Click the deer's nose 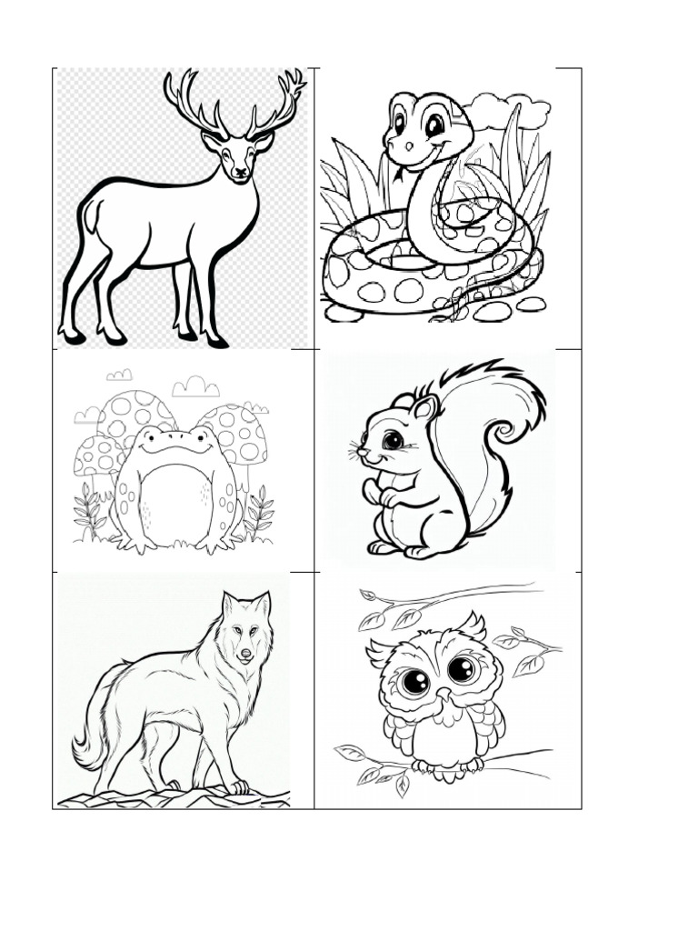click(x=240, y=171)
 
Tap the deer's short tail click(x=89, y=216)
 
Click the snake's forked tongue click(x=396, y=172)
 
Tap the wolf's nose click(x=244, y=653)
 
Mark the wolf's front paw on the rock click(x=237, y=786)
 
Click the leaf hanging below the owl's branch click(x=401, y=786)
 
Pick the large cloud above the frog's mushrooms click(x=195, y=387)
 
